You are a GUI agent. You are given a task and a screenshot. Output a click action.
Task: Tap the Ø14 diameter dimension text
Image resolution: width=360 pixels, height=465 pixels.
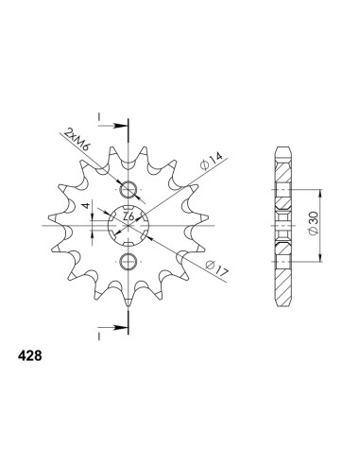212,162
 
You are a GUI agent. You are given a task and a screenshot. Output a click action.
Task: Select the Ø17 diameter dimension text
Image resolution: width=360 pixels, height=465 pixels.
216,268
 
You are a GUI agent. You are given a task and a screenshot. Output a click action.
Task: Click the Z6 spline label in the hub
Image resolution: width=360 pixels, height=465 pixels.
129,216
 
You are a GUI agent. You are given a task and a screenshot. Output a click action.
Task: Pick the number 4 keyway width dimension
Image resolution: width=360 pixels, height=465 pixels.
85,206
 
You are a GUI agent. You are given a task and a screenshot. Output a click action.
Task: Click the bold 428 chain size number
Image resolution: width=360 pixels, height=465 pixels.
30,356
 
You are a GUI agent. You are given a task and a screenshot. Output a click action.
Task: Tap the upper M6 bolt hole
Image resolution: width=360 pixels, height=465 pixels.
129,190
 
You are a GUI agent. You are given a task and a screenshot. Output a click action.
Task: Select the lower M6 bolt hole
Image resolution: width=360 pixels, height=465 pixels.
129,261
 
